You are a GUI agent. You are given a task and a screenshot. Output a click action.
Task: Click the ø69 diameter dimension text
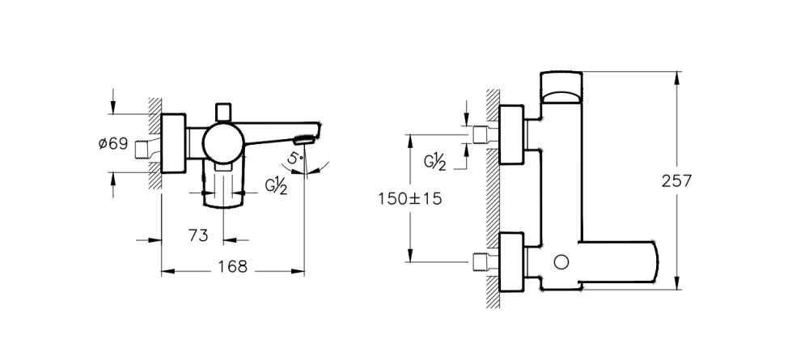click(112, 144)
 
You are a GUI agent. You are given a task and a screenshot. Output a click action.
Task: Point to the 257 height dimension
click(676, 181)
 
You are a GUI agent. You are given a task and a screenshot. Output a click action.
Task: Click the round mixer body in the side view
click(221, 142)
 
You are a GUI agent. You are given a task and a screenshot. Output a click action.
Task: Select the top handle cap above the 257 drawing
click(561, 86)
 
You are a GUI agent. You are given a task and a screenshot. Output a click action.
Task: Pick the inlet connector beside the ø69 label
click(148, 148)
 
